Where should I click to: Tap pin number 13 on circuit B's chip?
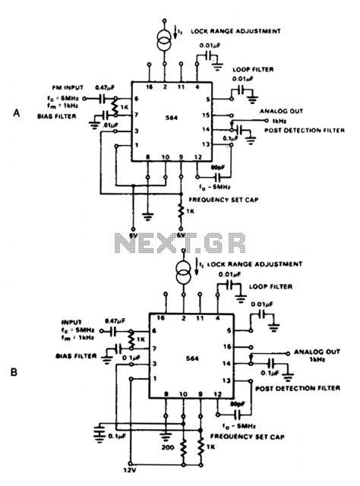[225, 379]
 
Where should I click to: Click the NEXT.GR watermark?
[180, 243]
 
